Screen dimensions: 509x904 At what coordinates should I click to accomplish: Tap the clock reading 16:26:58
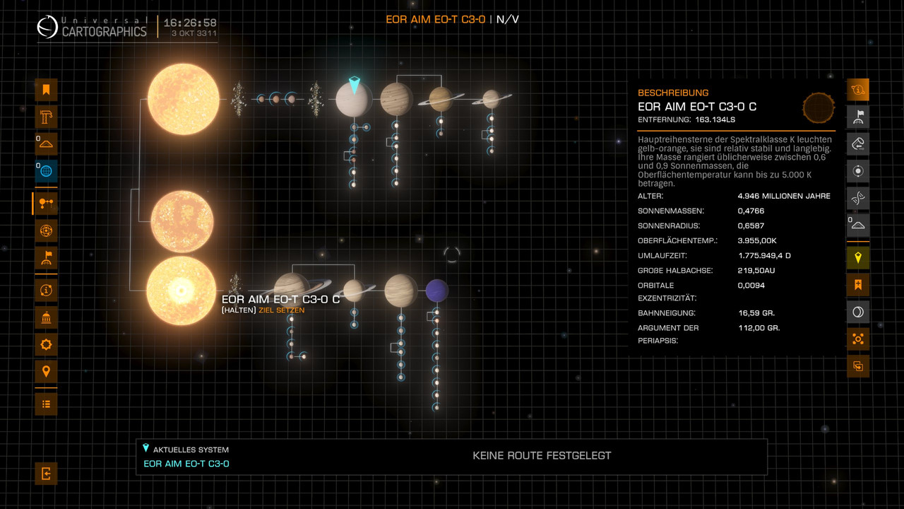pyautogui.click(x=190, y=23)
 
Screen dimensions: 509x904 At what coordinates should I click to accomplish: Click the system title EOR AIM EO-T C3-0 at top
pyautogui.click(x=435, y=19)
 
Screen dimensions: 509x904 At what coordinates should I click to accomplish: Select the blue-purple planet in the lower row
pyautogui.click(x=437, y=290)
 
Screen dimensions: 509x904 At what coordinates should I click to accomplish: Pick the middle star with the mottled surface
pyautogui.click(x=182, y=221)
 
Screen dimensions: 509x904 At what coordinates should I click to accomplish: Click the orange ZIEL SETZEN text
pyautogui.click(x=282, y=310)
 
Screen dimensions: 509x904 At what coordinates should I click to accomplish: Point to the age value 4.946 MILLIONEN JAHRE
pyautogui.click(x=784, y=196)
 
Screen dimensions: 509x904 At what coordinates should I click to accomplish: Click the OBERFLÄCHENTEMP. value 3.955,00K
pyautogui.click(x=757, y=240)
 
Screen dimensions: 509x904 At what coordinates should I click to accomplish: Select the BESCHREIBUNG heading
pyautogui.click(x=673, y=93)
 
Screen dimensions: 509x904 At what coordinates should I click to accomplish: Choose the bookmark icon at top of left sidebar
pyautogui.click(x=46, y=90)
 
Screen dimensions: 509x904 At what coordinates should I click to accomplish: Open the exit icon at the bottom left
pyautogui.click(x=46, y=473)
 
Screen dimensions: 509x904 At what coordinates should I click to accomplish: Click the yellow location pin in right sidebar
pyautogui.click(x=858, y=258)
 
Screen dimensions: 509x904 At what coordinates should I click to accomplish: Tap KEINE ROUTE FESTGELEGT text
pyautogui.click(x=542, y=456)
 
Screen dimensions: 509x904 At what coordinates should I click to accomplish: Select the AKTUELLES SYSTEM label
pyautogui.click(x=191, y=450)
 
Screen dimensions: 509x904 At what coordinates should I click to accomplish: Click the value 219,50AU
pyautogui.click(x=757, y=270)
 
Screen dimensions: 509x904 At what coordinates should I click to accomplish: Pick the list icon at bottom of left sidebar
pyautogui.click(x=46, y=404)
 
